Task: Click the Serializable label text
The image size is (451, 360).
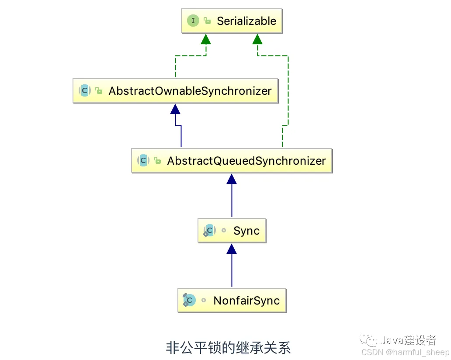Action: point(246,21)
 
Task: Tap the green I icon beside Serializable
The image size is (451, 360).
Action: point(193,21)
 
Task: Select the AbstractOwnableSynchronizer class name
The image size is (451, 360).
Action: point(190,91)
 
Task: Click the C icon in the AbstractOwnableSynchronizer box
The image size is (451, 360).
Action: point(85,91)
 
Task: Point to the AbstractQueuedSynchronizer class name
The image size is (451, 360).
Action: point(246,161)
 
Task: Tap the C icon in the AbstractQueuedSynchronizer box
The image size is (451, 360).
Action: point(143,161)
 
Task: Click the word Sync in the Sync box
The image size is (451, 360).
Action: point(246,231)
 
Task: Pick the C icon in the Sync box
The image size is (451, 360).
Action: point(209,230)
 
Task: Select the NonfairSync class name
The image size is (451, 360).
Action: point(246,301)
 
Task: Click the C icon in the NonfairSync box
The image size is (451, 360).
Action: point(189,300)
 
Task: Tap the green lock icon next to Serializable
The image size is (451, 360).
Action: point(207,21)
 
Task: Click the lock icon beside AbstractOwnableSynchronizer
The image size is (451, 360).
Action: point(99,91)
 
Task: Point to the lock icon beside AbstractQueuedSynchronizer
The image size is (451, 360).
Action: point(157,161)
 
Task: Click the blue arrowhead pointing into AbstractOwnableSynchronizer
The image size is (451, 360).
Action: point(175,109)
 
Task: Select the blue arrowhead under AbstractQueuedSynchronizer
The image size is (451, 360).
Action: point(232,179)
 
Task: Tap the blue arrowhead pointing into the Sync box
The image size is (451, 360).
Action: point(232,249)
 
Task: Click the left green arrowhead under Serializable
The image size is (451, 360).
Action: point(206,39)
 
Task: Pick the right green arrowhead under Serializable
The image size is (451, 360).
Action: point(257,39)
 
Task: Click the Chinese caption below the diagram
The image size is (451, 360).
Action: point(228,348)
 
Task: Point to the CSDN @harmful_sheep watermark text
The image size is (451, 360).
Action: point(405,353)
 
